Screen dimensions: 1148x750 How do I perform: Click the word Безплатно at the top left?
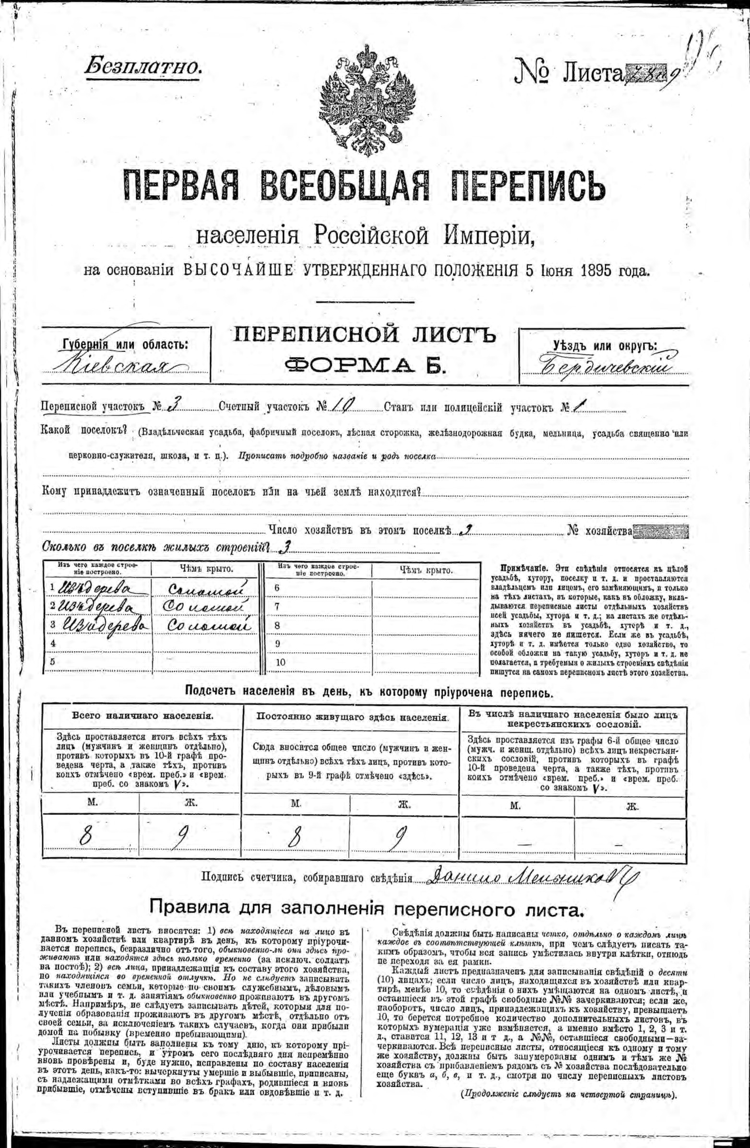(x=143, y=66)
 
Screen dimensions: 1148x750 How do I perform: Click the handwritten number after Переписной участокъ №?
(x=171, y=408)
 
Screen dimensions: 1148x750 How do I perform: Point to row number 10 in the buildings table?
(x=280, y=662)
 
